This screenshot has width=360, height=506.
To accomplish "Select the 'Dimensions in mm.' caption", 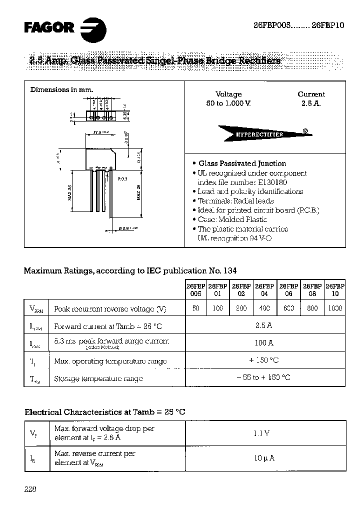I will tap(62, 89).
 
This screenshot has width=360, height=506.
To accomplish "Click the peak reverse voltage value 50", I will tap(196, 308).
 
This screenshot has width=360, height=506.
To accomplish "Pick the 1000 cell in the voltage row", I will tap(334, 308).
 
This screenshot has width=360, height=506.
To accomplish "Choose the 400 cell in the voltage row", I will tap(264, 308).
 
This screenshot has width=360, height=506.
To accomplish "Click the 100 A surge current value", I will tap(265, 343).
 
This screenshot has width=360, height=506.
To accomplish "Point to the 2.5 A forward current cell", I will tap(265, 325).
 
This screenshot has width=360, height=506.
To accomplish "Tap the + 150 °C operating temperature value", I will tap(264, 360).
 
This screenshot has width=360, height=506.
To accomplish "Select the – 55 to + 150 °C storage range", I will tap(264, 378).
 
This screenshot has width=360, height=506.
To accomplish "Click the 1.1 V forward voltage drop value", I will tap(264, 433).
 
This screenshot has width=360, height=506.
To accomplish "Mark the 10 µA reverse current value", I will tap(264, 458).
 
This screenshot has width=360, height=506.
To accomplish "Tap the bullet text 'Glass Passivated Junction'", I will tap(242, 163).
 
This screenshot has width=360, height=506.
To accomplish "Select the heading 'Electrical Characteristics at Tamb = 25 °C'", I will tap(105, 412).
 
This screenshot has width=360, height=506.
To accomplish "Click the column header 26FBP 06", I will tap(288, 290).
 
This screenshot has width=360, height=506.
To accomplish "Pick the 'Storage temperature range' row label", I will tap(98, 378).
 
